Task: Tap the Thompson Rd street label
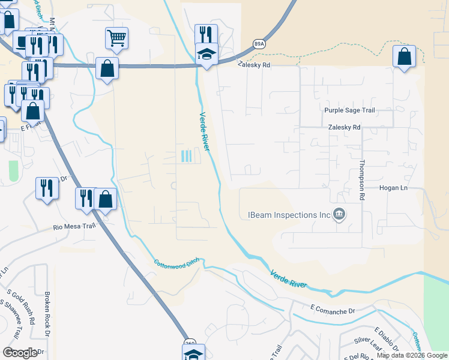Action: (x=361, y=179)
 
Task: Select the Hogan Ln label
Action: (x=393, y=188)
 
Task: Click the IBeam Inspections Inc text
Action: (x=291, y=215)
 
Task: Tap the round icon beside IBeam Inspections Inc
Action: (x=339, y=214)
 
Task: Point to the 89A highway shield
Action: (x=259, y=43)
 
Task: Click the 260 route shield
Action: (x=190, y=343)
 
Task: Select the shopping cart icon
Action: (x=117, y=38)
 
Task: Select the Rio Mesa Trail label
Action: (x=74, y=227)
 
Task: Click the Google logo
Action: (x=20, y=353)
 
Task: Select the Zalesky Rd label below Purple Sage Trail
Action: (x=344, y=127)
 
